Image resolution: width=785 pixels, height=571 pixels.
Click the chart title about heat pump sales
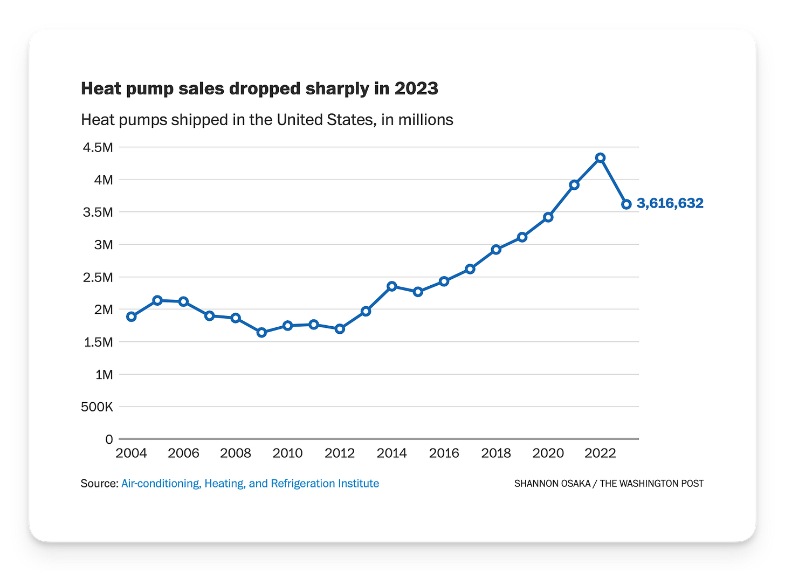click(x=260, y=88)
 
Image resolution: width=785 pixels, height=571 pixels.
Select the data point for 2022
click(x=600, y=158)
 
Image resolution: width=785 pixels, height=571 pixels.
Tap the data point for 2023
click(x=626, y=204)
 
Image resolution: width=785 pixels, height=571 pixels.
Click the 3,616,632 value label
click(x=670, y=203)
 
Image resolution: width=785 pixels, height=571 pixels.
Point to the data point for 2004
click(x=132, y=317)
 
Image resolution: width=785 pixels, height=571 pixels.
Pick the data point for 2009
click(x=261, y=332)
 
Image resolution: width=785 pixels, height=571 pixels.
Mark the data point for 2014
click(x=392, y=286)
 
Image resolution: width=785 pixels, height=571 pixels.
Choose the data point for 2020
click(x=548, y=217)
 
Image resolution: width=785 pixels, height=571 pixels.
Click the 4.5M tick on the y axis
click(x=98, y=148)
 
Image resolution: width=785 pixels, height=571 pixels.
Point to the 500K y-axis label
click(x=97, y=407)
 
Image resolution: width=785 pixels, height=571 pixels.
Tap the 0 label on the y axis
click(x=109, y=439)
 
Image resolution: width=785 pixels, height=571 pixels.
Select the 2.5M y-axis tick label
click(x=98, y=277)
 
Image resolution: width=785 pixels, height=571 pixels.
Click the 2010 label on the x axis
click(x=287, y=453)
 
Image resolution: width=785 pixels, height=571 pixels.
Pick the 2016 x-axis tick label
click(x=444, y=453)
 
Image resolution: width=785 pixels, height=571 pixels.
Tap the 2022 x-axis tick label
click(x=600, y=453)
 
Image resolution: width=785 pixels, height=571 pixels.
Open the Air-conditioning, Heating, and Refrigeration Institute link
click(x=250, y=484)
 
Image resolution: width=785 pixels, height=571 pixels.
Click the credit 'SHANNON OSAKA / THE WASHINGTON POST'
click(x=609, y=484)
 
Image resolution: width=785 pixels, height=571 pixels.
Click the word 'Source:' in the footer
click(x=100, y=484)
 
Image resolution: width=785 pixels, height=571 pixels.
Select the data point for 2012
click(x=340, y=329)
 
